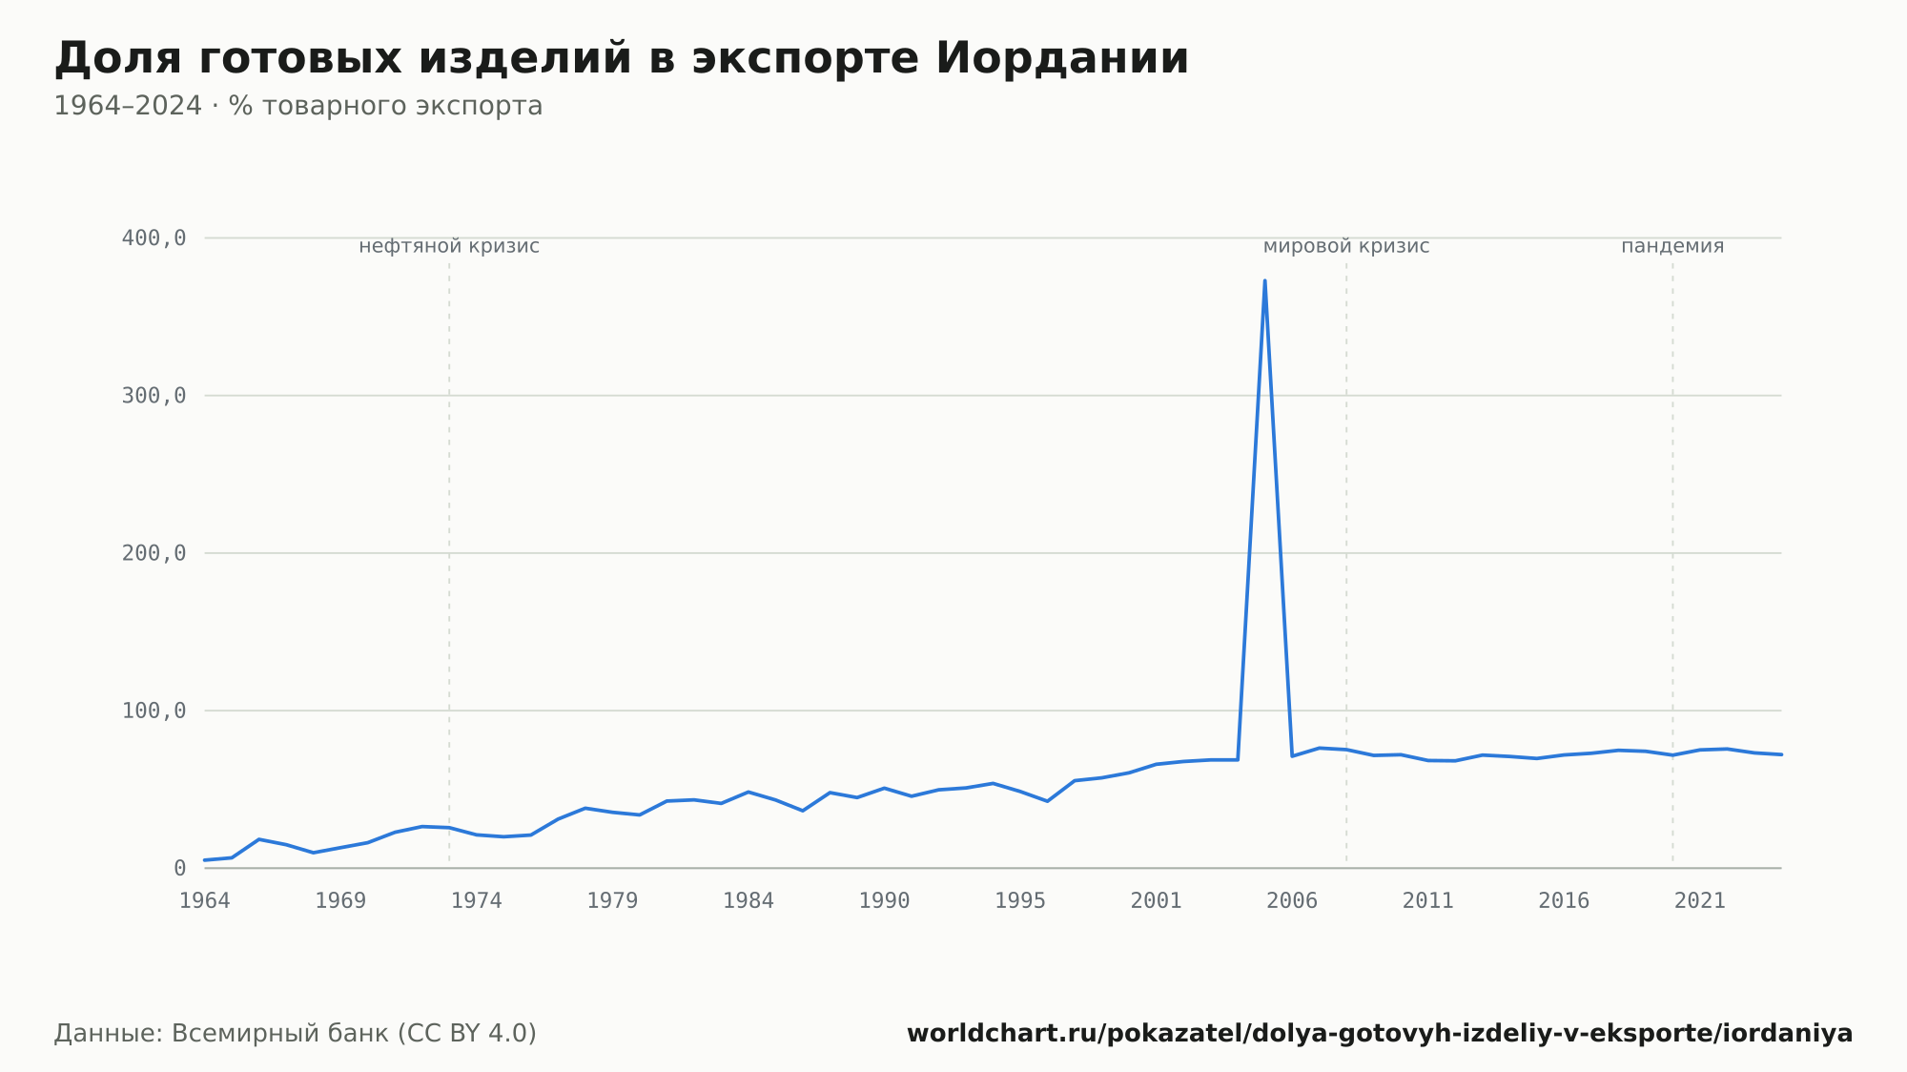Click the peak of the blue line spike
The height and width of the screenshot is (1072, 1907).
click(1264, 280)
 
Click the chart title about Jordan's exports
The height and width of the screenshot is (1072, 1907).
click(622, 58)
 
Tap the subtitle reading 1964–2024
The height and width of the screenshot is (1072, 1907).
click(298, 106)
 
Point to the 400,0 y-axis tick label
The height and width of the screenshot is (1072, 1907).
click(154, 238)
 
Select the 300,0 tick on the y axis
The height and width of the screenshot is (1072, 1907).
click(154, 396)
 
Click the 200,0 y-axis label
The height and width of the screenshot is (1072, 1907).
click(154, 553)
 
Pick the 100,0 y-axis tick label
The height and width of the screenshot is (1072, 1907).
click(154, 711)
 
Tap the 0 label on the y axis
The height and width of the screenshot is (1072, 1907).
click(180, 868)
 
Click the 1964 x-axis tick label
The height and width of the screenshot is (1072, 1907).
click(205, 900)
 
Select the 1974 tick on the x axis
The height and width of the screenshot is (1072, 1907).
click(477, 900)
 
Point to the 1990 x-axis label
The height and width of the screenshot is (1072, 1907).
click(885, 900)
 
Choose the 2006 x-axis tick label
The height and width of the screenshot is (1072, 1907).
click(1292, 900)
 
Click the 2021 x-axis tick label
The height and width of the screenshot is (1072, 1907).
click(1700, 900)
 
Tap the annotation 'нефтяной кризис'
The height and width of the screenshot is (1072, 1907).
click(449, 246)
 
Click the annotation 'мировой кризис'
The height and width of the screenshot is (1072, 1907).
click(1346, 246)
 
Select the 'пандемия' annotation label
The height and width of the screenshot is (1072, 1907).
click(1672, 246)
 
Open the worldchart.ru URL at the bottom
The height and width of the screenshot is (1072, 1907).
click(1380, 1033)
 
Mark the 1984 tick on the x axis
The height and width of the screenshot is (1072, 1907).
click(748, 900)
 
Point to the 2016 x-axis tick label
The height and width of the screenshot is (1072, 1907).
click(1564, 900)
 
